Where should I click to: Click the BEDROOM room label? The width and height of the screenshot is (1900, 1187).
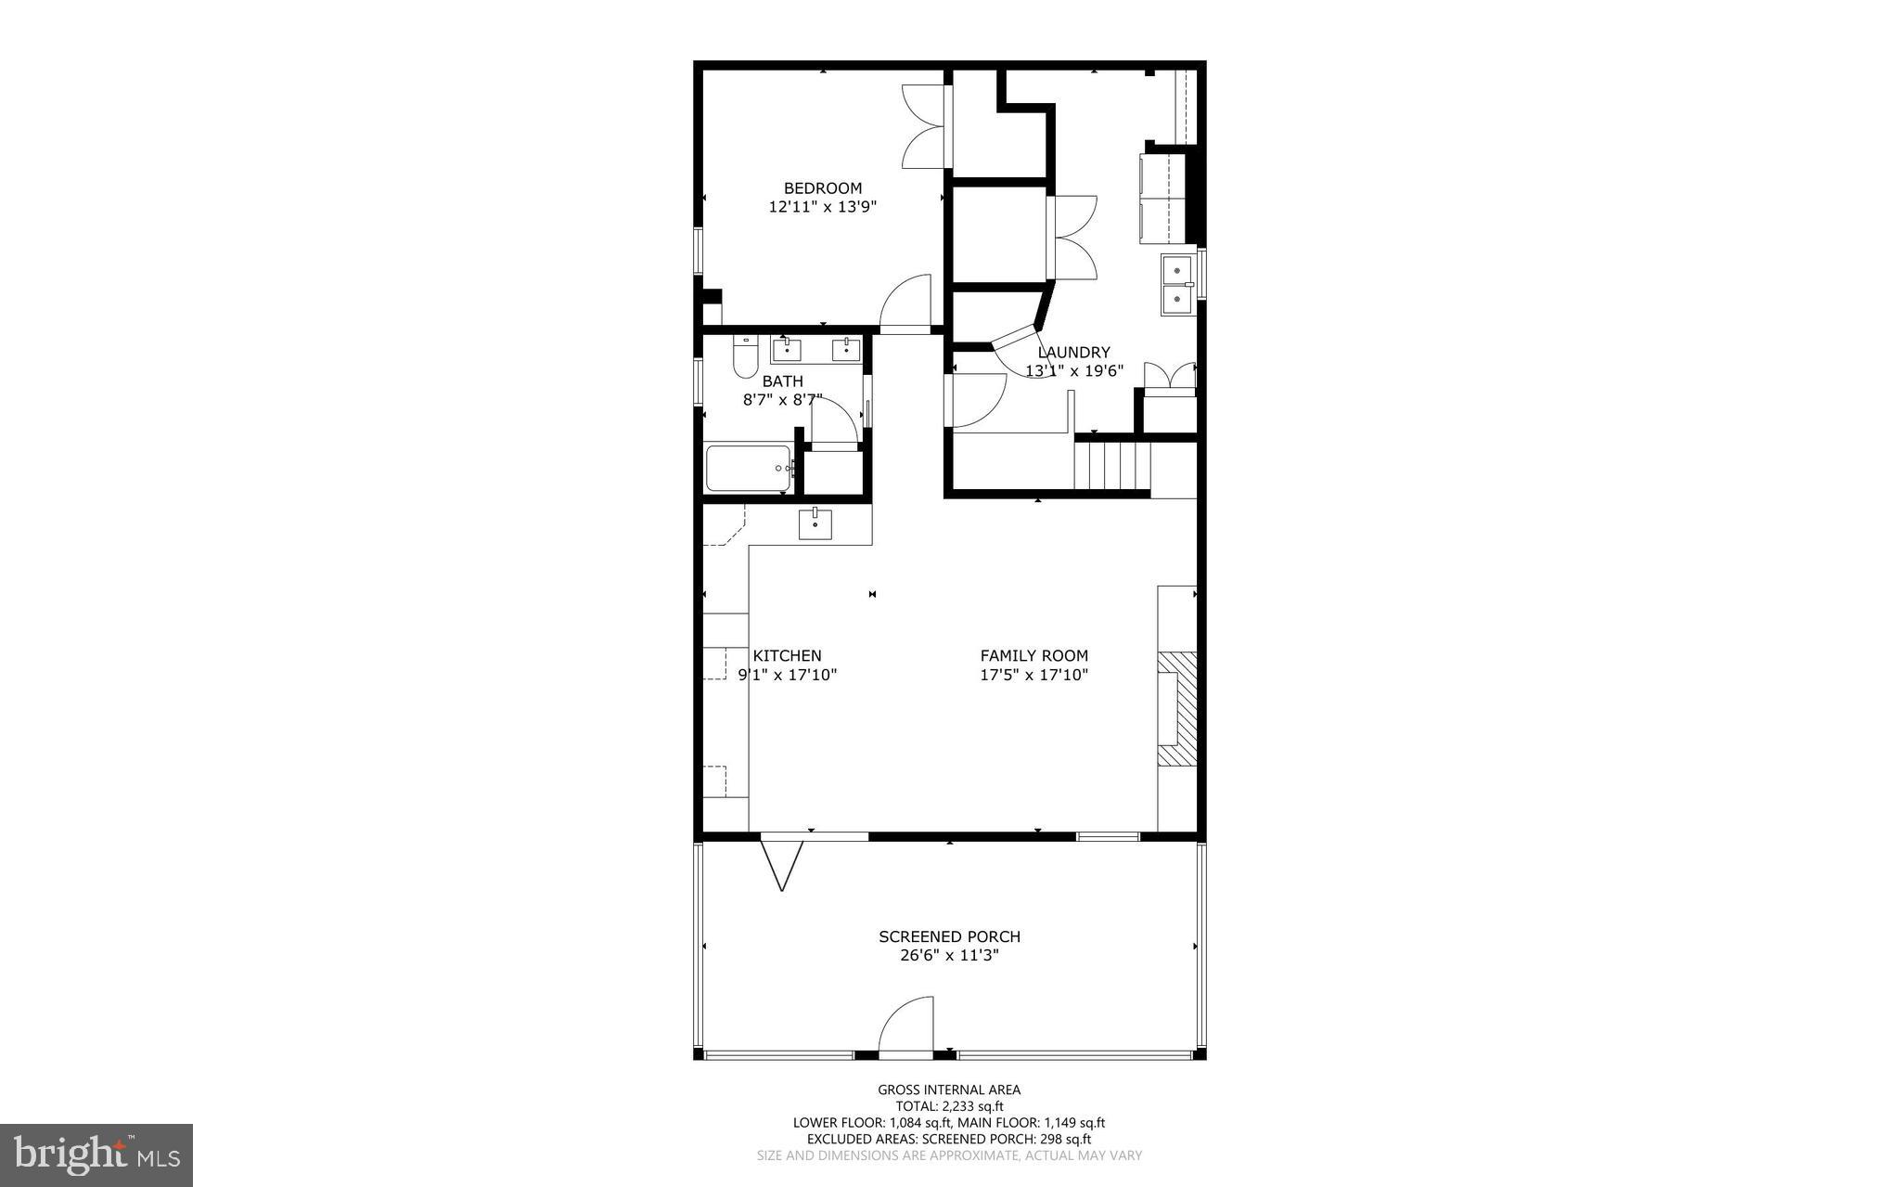coord(822,188)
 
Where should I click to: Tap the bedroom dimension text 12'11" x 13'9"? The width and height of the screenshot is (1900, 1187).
coord(822,207)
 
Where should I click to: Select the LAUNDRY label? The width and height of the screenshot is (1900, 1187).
coord(1073,353)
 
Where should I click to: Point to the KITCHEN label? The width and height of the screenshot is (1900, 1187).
coord(787,656)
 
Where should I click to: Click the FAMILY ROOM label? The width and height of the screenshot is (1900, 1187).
coord(1033,656)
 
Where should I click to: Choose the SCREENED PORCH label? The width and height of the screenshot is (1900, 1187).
coord(949,937)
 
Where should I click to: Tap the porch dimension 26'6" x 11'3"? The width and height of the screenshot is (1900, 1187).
coord(949,956)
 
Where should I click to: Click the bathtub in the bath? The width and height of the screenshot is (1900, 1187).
coord(748,469)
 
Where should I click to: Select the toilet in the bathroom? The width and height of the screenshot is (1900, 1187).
coord(745,357)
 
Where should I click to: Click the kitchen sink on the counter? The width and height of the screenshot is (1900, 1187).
coord(815,523)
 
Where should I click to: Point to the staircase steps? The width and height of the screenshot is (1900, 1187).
coord(1112,466)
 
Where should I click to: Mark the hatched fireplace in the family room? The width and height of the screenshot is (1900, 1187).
coord(1176,708)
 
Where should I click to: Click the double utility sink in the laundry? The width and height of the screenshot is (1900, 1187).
coord(1177,285)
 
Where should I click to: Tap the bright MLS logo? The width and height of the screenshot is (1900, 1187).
coord(96,1155)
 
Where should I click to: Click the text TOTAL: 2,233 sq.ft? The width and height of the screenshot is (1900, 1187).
coord(949,1106)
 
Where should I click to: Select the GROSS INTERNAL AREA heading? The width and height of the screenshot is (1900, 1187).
coord(949,1090)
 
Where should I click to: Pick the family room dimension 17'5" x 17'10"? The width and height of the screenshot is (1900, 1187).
coord(1033,676)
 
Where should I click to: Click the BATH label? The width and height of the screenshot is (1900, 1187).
coord(782,381)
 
